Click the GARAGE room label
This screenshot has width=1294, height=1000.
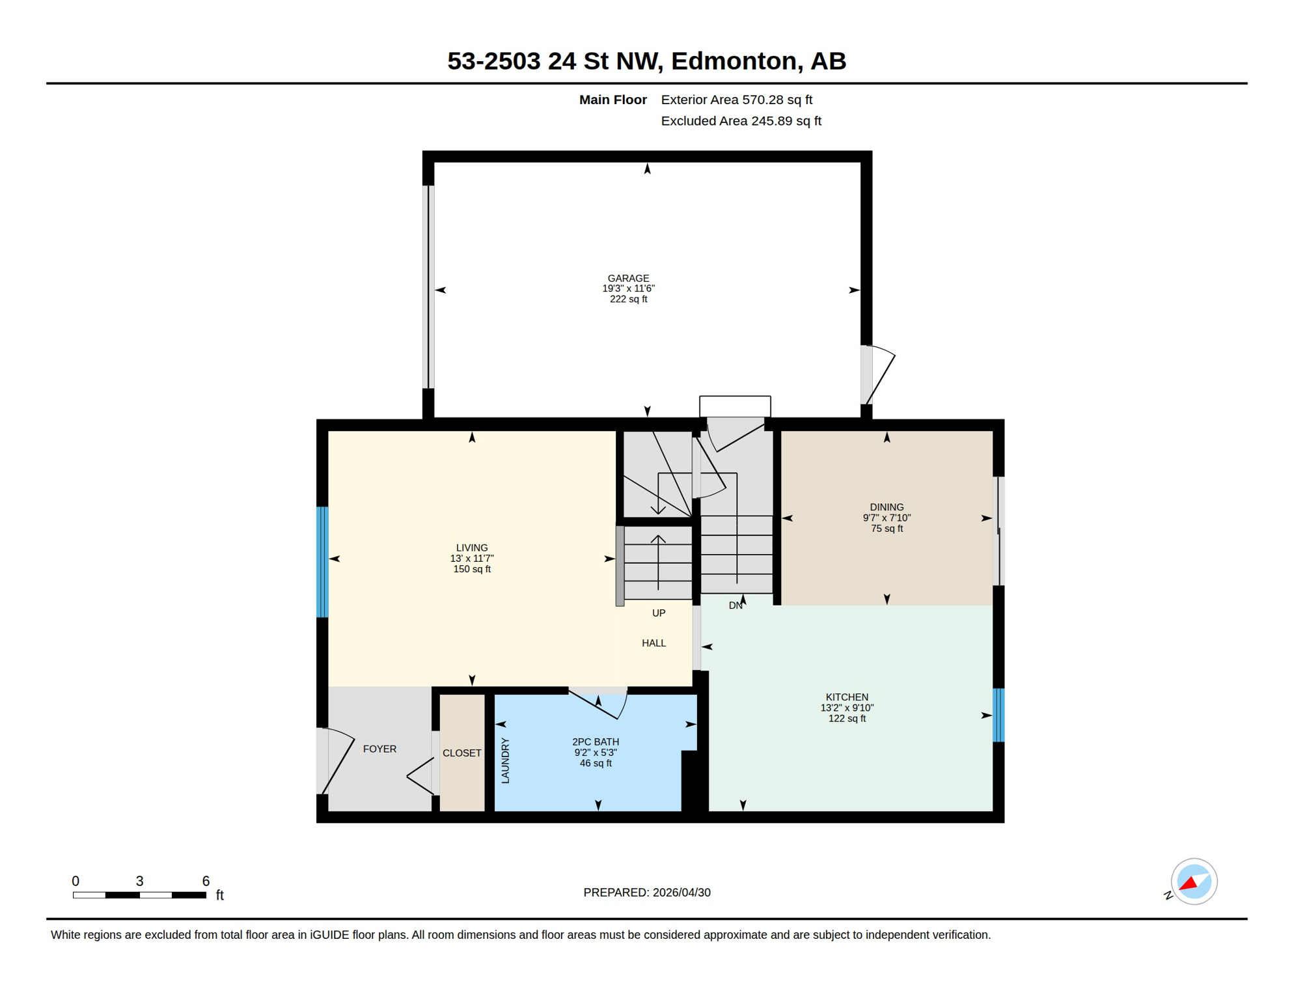tap(628, 278)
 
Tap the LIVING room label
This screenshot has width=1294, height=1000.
tap(472, 548)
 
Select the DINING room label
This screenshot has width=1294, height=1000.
tap(887, 507)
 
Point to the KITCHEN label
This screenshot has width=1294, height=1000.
tap(847, 697)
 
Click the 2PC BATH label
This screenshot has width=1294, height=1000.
tap(596, 742)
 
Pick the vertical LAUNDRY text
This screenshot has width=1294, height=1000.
tap(506, 760)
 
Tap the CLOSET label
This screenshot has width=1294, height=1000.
tap(462, 753)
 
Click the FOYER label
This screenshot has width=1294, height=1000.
tap(379, 749)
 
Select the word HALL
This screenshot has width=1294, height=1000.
tap(654, 643)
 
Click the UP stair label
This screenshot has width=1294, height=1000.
tap(659, 613)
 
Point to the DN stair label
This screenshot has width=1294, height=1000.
tap(736, 605)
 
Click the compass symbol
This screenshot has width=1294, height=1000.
tap(1194, 882)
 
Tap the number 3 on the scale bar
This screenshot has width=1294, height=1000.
tap(139, 881)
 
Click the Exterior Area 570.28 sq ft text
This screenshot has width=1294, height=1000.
tap(736, 100)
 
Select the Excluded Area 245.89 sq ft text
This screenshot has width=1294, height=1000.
tap(741, 121)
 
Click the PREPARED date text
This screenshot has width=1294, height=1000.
tap(647, 893)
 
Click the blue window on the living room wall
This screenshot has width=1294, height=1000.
tap(322, 562)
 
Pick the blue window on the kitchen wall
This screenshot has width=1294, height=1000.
tap(998, 715)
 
